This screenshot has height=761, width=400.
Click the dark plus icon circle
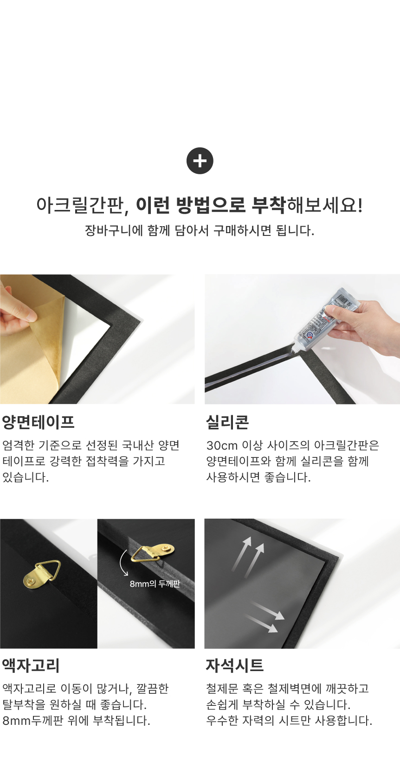coord(200,161)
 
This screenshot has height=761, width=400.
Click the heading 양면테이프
coord(38,422)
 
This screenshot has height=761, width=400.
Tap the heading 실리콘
coord(227,422)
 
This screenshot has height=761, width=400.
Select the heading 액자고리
coord(31,665)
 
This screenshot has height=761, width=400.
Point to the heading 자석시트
coord(234,665)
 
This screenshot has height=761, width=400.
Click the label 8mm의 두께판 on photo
coord(155,583)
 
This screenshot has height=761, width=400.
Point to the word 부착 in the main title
coord(268,205)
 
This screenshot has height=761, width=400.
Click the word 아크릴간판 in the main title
coord(79,205)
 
